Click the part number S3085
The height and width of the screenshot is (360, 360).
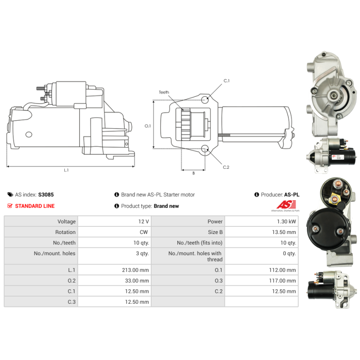coord(46,195)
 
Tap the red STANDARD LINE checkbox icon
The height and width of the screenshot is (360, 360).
coord(10,206)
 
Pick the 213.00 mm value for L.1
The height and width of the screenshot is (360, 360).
coord(135,270)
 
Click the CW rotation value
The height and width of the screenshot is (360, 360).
coord(144,232)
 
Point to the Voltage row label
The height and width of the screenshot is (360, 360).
coord(66,221)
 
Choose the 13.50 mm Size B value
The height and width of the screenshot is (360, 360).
coord(284,232)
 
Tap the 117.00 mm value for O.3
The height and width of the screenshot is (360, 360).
coord(283,280)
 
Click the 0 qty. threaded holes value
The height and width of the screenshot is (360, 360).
coord(289,253)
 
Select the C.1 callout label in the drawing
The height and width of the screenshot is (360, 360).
coord(226,81)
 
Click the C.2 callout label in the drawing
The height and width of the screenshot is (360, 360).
coord(226,167)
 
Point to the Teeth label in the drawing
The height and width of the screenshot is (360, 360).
coord(164,92)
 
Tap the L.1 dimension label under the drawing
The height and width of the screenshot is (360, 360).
coord(66,170)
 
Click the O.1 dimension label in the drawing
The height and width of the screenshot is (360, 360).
coord(148,126)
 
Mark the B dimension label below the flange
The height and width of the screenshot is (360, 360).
coord(193,173)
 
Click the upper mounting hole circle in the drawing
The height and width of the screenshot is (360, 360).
coord(205,99)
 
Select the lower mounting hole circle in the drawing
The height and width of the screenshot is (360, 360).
coord(205,149)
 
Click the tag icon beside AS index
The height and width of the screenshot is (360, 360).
coord(10,195)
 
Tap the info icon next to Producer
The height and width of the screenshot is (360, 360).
coord(256,195)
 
